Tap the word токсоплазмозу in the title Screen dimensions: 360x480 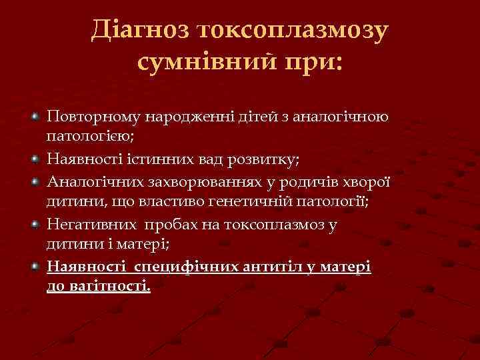[x=292, y=30]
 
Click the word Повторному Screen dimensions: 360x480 [x=88, y=117]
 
